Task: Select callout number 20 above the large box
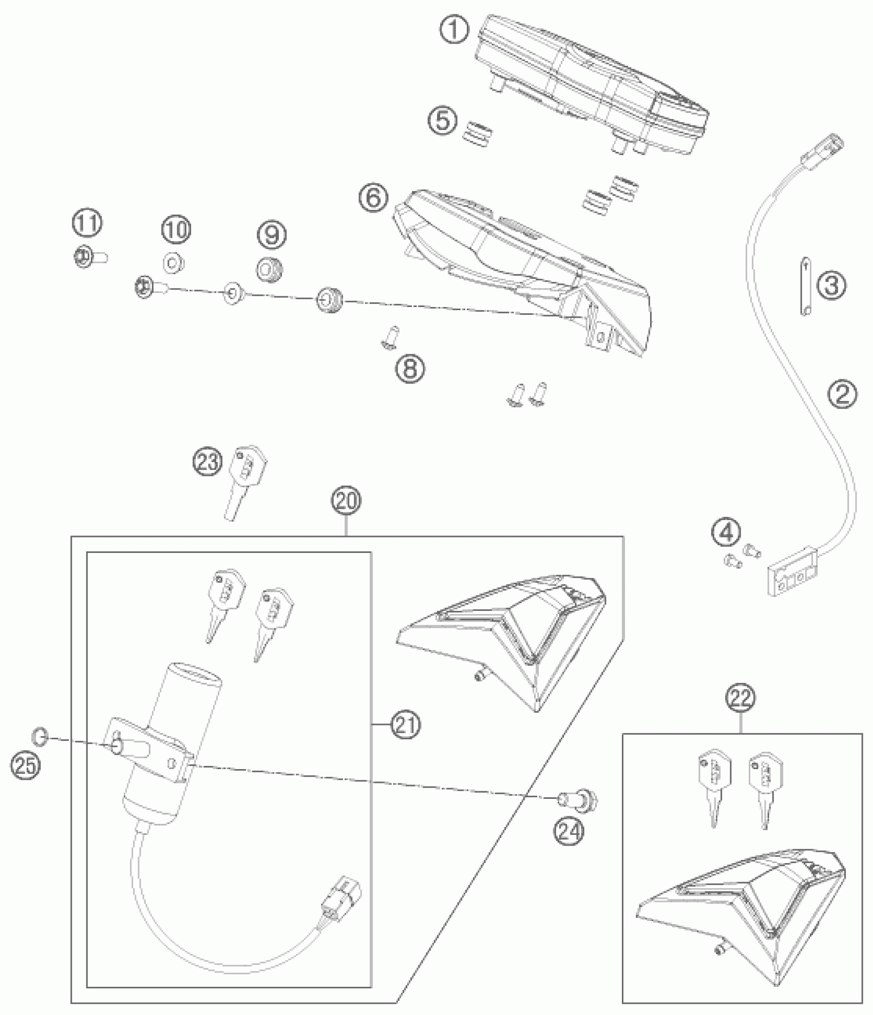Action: (x=346, y=502)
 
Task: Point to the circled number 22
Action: (x=741, y=698)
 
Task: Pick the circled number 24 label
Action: (x=570, y=830)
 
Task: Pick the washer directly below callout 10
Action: (x=233, y=294)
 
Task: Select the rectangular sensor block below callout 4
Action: (x=791, y=577)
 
